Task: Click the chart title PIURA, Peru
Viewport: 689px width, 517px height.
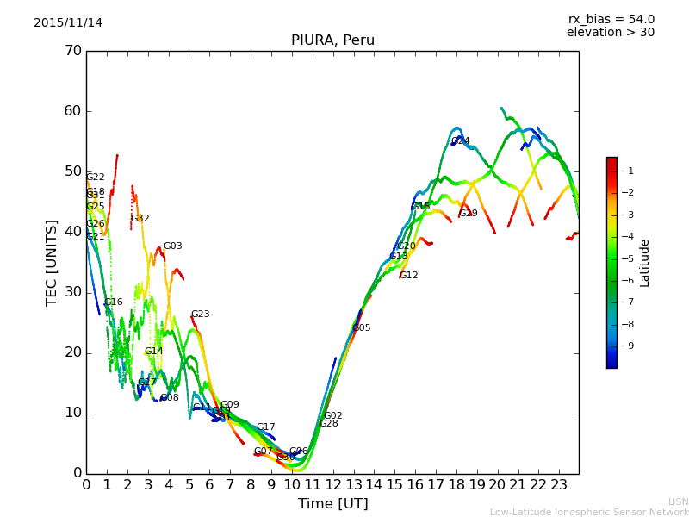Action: point(332,40)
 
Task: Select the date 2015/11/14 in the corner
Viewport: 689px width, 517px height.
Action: point(68,22)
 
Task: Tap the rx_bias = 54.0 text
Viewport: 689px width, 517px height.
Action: point(611,19)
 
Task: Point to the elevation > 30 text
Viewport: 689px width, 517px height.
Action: point(610,33)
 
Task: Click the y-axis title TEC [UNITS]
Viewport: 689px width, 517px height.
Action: point(52,262)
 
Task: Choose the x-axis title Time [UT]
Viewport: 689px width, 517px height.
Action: point(332,504)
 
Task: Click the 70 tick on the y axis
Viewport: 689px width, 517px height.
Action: point(72,51)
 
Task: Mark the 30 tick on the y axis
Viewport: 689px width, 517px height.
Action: point(72,292)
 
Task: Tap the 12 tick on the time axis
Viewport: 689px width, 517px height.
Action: point(332,484)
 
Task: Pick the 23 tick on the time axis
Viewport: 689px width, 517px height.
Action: point(559,484)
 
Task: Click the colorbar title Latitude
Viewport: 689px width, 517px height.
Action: point(645,263)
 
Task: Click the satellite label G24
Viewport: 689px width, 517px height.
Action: point(461,141)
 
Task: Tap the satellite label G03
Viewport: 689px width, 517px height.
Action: point(172,246)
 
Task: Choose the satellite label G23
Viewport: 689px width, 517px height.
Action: point(200,315)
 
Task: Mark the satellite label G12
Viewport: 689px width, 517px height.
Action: point(408,276)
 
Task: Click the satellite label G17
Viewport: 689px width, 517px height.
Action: point(265,427)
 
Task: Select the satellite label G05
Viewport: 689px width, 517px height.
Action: point(362,328)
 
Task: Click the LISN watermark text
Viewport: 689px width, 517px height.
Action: point(678,501)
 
